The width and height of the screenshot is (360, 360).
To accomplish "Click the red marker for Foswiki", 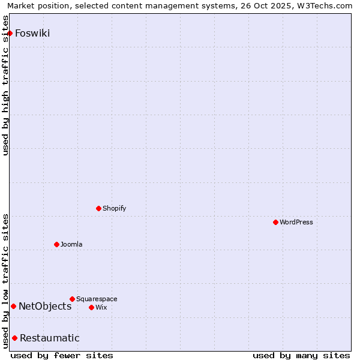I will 10,33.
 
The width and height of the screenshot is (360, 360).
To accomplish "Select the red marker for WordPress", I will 275,222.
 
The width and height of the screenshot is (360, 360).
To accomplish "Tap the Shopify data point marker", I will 99,208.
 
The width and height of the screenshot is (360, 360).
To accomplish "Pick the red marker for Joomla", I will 56,244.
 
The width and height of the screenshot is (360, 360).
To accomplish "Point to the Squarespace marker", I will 72,299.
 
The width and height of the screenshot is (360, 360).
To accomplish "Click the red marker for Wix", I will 91,307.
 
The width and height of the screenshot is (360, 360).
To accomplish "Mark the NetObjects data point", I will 13,306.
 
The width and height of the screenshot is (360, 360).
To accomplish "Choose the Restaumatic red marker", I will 14,338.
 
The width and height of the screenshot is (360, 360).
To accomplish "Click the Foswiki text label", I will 32,33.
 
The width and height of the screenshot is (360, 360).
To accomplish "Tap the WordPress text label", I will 296,222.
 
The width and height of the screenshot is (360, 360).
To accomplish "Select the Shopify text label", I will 115,208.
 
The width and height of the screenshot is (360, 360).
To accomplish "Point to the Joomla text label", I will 71,244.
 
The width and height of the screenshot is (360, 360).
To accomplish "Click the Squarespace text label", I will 97,299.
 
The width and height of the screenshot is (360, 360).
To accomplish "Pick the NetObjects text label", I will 45,306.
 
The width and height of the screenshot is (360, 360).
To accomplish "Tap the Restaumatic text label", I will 50,338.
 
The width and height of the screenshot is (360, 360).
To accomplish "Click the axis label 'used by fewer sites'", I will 62,355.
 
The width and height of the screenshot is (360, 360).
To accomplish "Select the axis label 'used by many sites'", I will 301,355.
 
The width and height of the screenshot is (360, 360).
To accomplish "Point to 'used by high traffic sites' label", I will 6,93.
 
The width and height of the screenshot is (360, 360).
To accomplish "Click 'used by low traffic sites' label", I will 6,281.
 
